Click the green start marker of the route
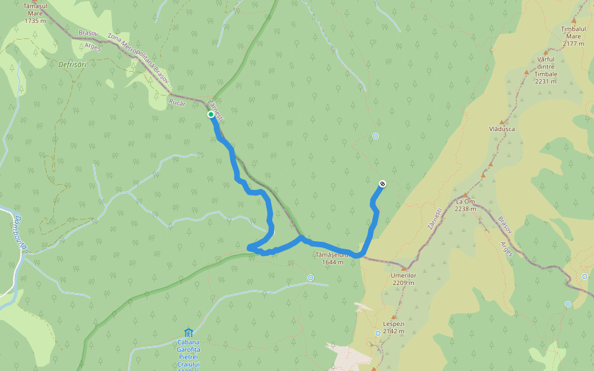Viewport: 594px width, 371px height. coord(211,114)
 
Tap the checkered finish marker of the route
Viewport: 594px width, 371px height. coord(382,184)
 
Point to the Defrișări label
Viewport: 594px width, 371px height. coord(72,64)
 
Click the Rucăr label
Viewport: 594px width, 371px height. coord(177,103)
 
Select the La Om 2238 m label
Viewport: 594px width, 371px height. coord(465,205)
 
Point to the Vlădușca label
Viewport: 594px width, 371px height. coord(501,129)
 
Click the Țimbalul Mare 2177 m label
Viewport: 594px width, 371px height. coord(573,36)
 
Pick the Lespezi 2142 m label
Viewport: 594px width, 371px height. coord(393,327)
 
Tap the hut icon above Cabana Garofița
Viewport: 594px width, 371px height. coord(189,333)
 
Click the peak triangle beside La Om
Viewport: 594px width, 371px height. coord(466,194)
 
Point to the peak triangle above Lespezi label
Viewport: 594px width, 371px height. coord(393,317)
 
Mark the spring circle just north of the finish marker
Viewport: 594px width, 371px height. coord(376,136)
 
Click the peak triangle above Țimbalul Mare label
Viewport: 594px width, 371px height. coord(574,20)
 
